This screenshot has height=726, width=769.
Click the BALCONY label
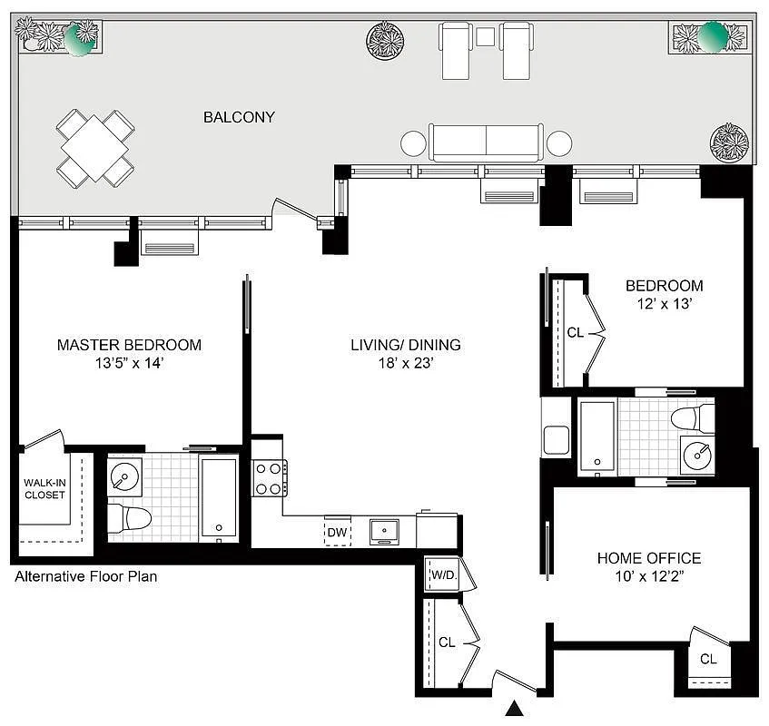click(x=239, y=117)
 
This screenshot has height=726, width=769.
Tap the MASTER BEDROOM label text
click(x=129, y=345)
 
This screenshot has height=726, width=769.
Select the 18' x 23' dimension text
click(x=406, y=365)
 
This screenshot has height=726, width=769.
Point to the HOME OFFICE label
click(x=648, y=558)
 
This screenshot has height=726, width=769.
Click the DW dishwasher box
click(x=338, y=531)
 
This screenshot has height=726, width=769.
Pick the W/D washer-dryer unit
click(x=442, y=575)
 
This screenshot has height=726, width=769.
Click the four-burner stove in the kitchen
click(x=269, y=478)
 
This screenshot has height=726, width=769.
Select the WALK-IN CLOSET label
click(x=44, y=488)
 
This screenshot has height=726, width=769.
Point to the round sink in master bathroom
click(x=123, y=475)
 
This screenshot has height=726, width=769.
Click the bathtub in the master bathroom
click(x=219, y=499)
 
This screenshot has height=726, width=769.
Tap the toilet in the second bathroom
click(x=693, y=418)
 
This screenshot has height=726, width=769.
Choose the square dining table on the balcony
click(x=95, y=147)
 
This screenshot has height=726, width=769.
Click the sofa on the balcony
click(x=486, y=142)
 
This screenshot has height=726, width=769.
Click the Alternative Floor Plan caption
click(x=86, y=576)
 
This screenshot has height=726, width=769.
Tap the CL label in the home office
click(x=708, y=660)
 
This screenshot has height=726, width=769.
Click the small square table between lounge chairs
click(x=485, y=36)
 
